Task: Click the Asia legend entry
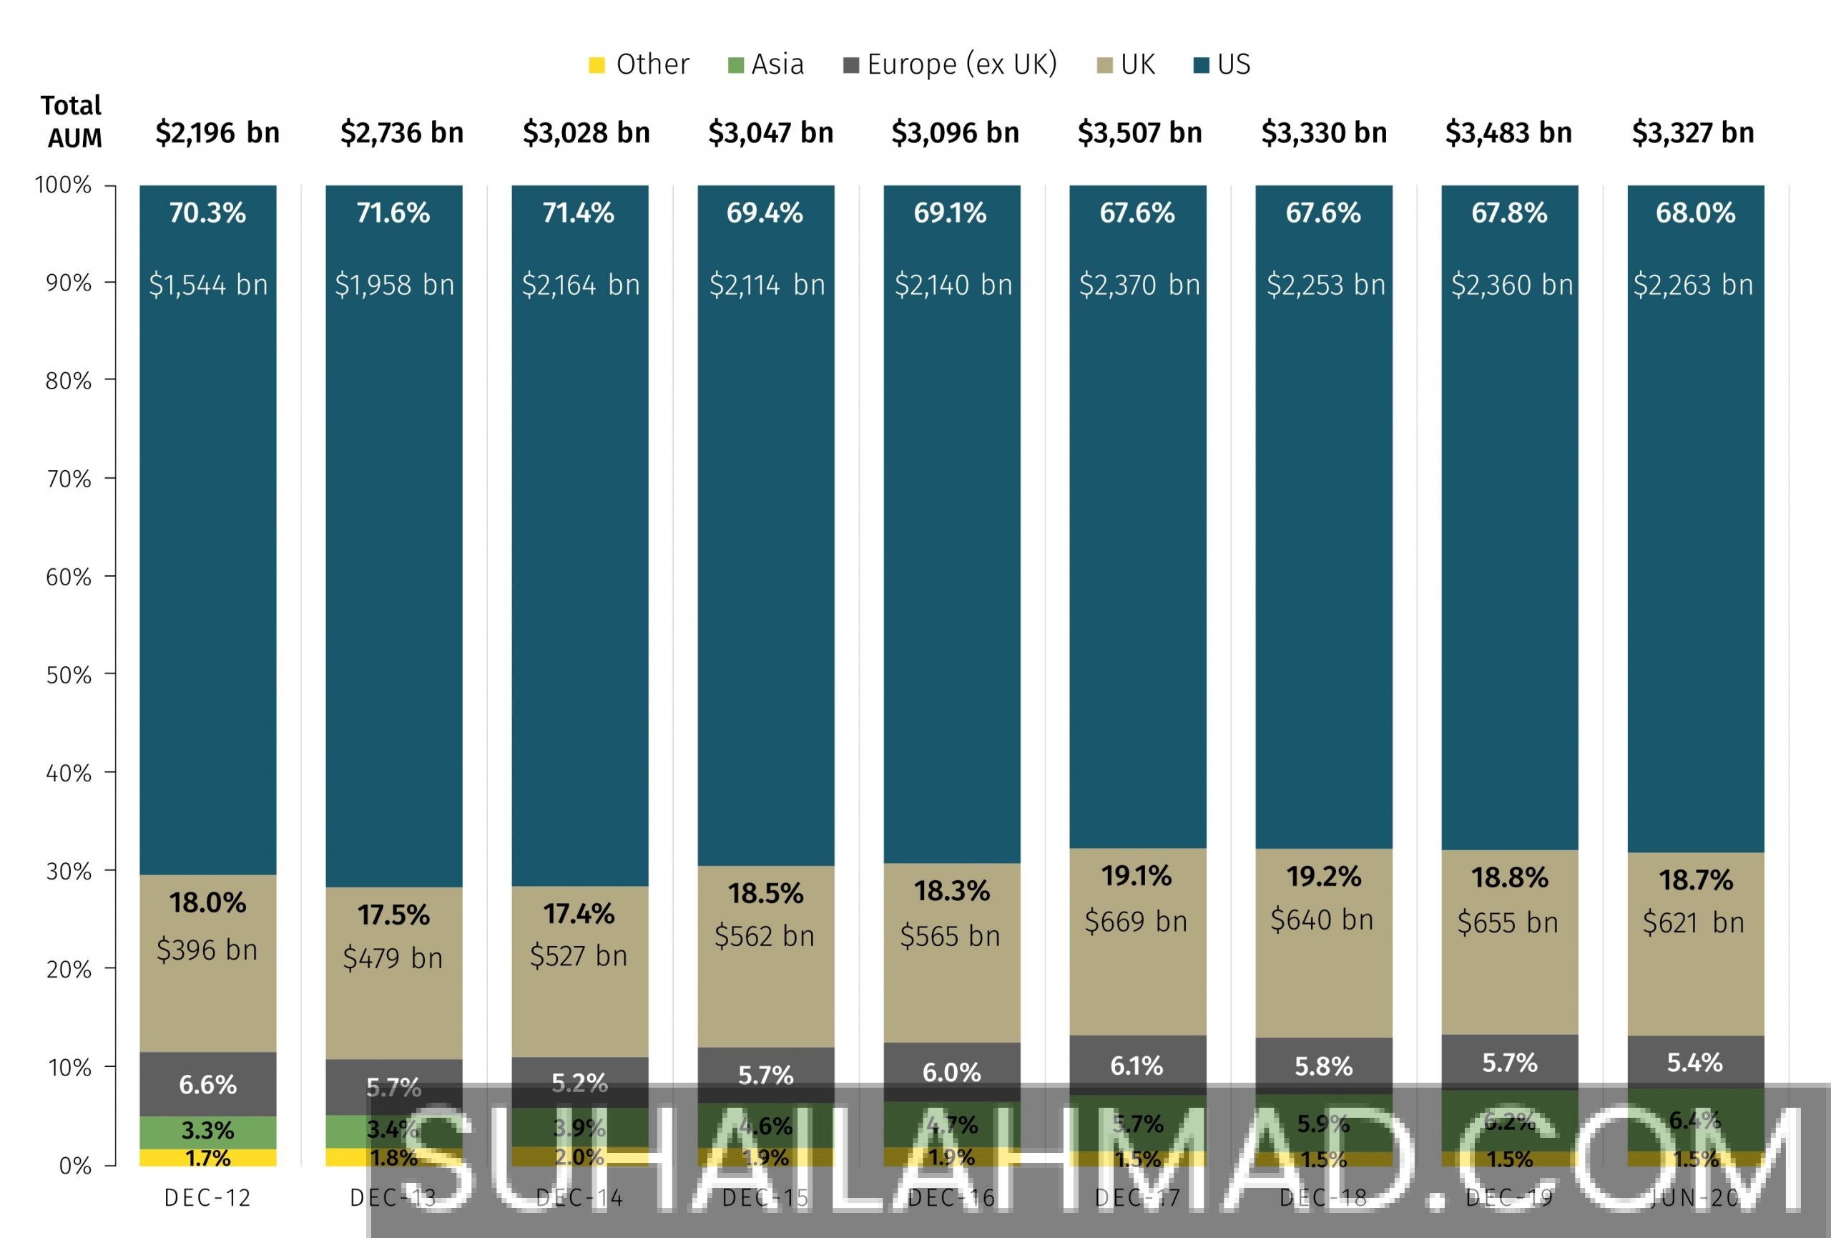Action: tap(766, 64)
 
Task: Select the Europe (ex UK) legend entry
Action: tap(950, 64)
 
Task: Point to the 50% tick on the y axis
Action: tap(69, 675)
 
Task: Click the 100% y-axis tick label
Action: tap(63, 185)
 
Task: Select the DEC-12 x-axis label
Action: tap(207, 1199)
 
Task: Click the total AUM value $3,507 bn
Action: tap(1139, 133)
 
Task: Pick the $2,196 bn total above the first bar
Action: tap(217, 133)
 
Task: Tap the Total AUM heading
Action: tap(72, 122)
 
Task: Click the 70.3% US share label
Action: tap(207, 213)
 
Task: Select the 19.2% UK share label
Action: tap(1324, 877)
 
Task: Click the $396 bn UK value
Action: tap(207, 950)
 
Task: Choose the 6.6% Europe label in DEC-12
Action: tap(207, 1085)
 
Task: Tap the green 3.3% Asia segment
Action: tap(207, 1131)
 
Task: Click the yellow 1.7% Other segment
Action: tap(207, 1158)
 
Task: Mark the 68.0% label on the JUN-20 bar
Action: tap(1696, 213)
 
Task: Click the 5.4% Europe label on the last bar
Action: tap(1694, 1062)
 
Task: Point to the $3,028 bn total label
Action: tap(586, 133)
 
